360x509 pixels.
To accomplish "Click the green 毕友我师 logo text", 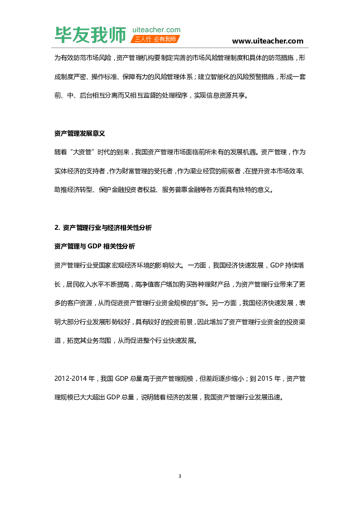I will pyautogui.click(x=90, y=35).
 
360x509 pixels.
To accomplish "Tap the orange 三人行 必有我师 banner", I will pyautogui.click(x=156, y=39).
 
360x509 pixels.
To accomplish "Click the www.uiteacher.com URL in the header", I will pyautogui.click(x=268, y=41).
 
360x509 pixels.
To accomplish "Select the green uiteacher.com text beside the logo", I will pyautogui.click(x=156, y=29).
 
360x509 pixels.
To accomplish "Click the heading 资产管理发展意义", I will pyautogui.click(x=80, y=134).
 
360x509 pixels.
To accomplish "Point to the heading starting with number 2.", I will pyautogui.click(x=103, y=228).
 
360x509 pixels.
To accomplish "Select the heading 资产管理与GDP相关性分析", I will pyautogui.click(x=94, y=247).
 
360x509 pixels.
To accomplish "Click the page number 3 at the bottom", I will pyautogui.click(x=180, y=476).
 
